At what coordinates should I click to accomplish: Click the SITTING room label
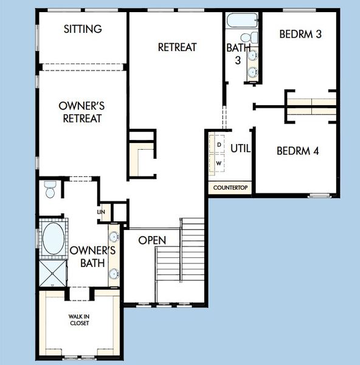(x=83, y=29)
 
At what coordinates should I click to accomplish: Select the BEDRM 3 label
(x=300, y=34)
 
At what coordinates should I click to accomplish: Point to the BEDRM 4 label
(x=297, y=151)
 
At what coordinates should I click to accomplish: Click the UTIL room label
(x=241, y=148)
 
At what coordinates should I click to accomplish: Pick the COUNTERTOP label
(x=230, y=187)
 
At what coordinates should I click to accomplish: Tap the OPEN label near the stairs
(x=152, y=240)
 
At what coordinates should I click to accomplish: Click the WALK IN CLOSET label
(x=78, y=319)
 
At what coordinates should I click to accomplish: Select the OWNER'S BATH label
(x=92, y=257)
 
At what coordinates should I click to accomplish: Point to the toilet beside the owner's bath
(x=50, y=190)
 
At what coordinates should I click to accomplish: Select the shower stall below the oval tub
(x=53, y=272)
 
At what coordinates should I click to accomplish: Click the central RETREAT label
(x=176, y=47)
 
